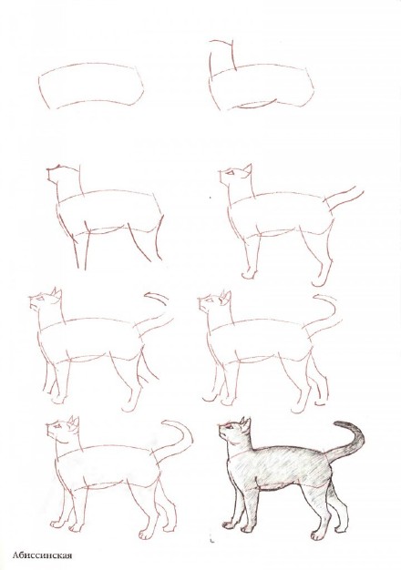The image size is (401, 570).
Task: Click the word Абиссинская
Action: pos(42,555)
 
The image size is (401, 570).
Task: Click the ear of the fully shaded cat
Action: pos(246,423)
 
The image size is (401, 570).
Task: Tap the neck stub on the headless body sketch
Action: pos(222,56)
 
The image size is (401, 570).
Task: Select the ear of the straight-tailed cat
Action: pos(248,169)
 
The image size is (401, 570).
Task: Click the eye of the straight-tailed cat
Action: pos(231,173)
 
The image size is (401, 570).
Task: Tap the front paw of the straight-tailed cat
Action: pos(249,274)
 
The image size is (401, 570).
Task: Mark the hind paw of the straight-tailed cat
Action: pos(318,280)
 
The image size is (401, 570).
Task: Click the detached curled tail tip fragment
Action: pos(157,298)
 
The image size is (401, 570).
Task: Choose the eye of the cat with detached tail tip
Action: pos(40,299)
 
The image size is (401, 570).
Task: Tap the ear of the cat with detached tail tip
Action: pos(57,295)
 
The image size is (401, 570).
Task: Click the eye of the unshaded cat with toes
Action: pos(57,425)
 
